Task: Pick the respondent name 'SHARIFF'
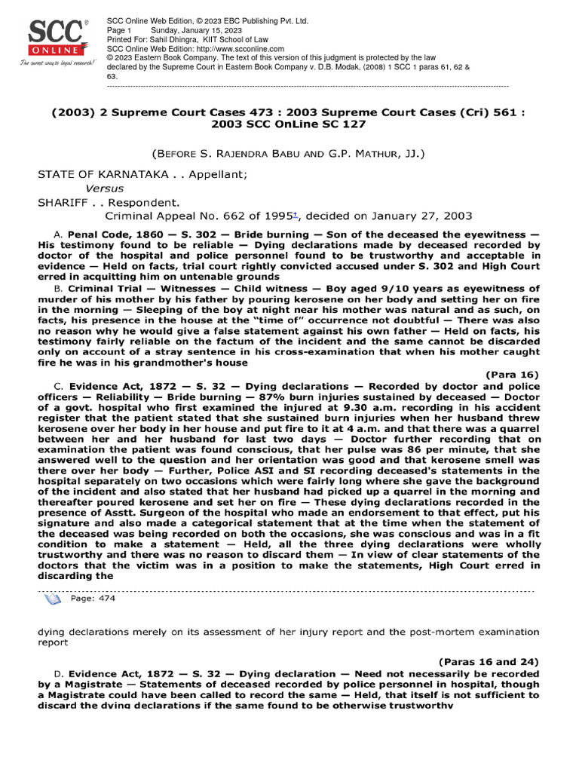[x=63, y=202]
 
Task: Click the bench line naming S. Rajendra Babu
[x=289, y=154]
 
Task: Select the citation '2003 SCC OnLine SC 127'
[x=289, y=124]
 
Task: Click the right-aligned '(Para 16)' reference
[x=512, y=373]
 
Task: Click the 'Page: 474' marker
[x=92, y=598]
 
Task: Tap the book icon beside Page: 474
[x=53, y=599]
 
